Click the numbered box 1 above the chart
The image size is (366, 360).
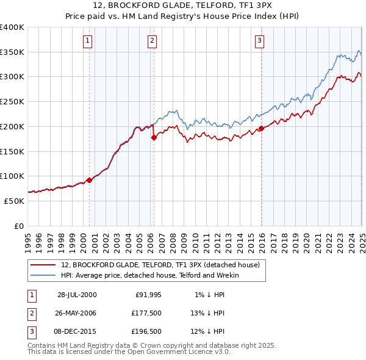88,41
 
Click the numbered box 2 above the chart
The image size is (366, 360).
152,41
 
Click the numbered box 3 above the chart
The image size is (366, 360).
259,41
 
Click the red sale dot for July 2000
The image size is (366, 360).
90,179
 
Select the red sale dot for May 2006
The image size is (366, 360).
154,137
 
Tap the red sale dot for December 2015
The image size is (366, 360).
261,128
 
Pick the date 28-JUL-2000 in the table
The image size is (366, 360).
77,295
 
